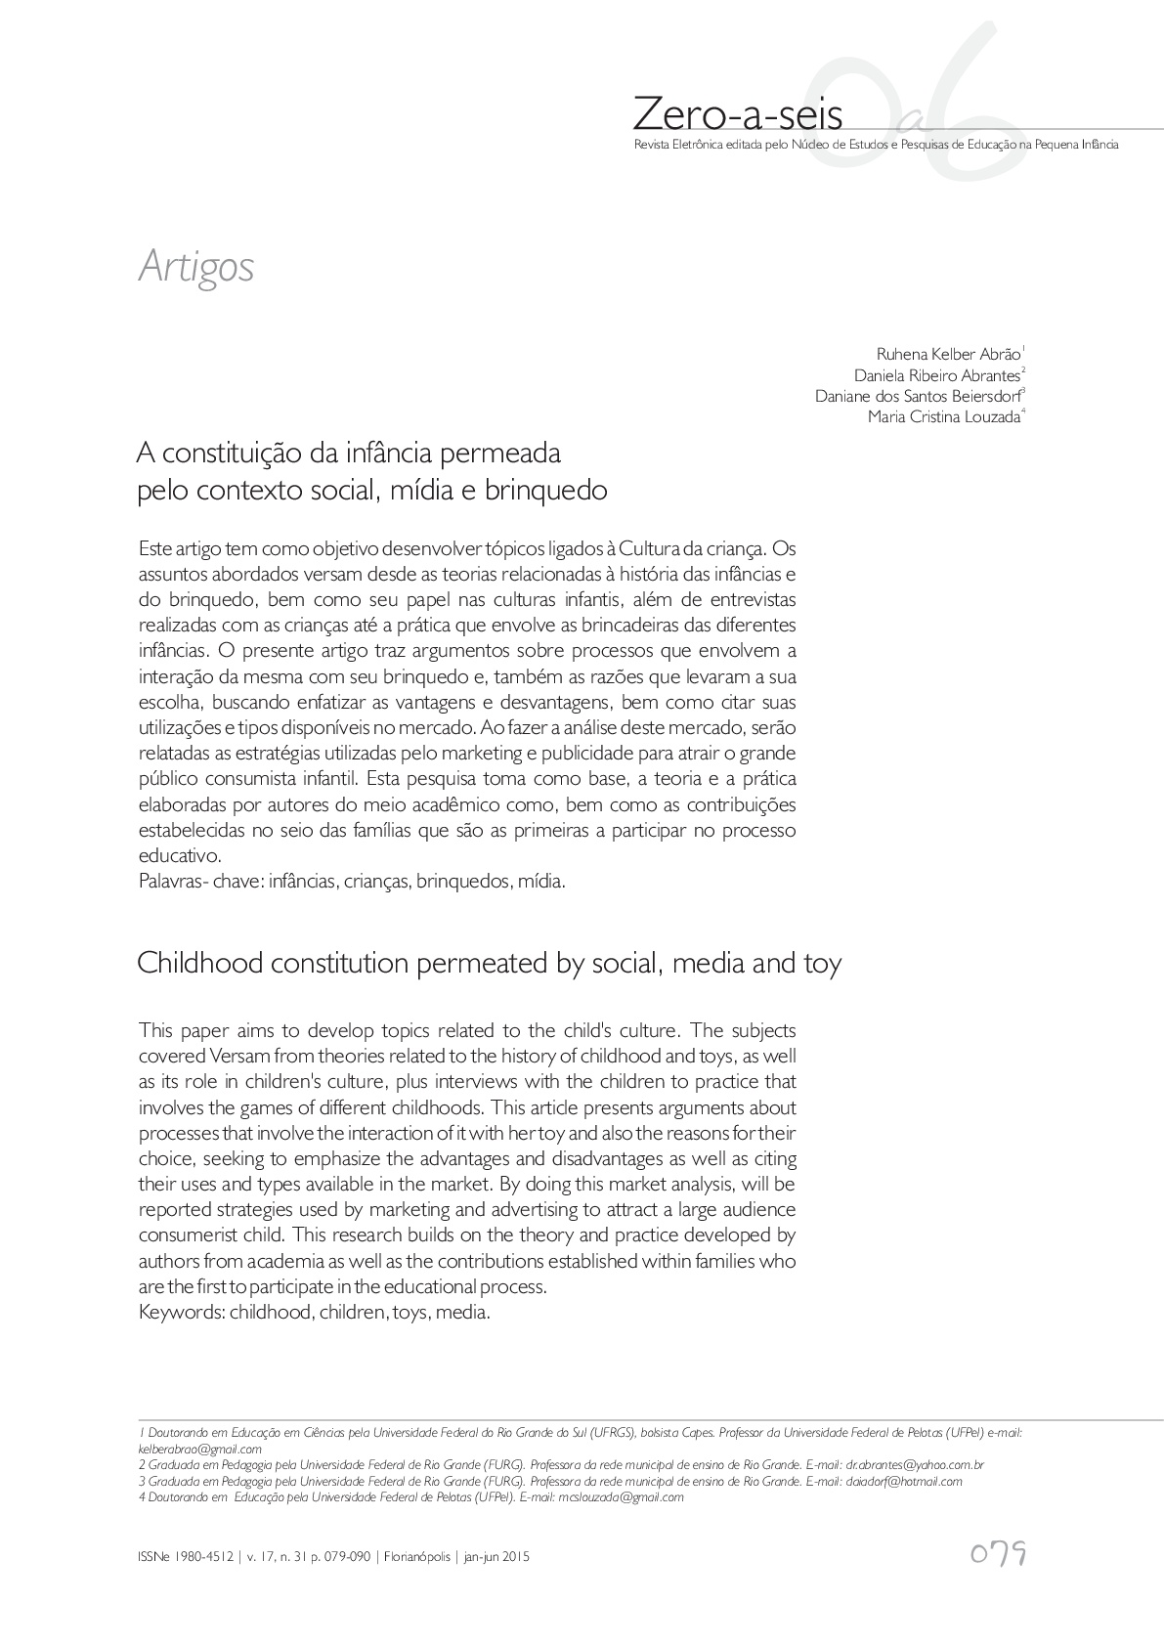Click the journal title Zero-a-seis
737,114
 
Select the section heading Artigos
196,266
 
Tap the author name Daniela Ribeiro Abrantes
936,374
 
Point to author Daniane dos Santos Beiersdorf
918,396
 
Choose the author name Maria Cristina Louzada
943,417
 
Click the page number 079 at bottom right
997,1554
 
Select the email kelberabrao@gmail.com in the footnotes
200,1450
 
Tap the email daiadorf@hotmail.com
903,1481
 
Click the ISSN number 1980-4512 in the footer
206,1557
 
